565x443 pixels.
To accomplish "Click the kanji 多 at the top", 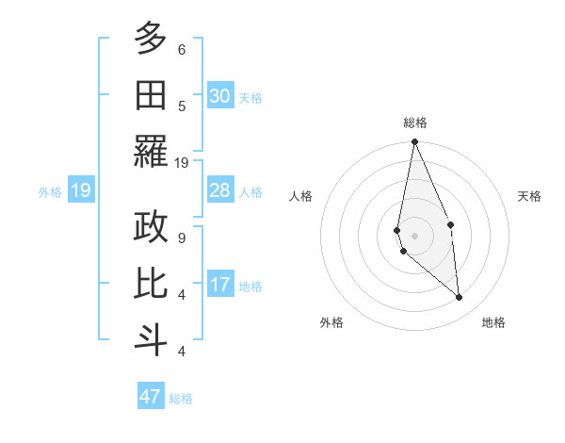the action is click(x=151, y=40).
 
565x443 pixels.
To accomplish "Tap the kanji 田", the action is click(x=151, y=95).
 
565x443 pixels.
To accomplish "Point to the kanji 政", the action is click(x=151, y=227).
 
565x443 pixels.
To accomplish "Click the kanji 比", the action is click(x=151, y=284).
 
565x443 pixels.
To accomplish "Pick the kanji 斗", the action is click(x=151, y=340).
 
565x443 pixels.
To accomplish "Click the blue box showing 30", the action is click(x=220, y=95).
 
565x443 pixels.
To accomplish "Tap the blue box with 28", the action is click(x=220, y=190).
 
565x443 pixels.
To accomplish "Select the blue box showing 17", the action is click(x=220, y=285).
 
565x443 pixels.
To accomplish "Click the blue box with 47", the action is click(x=151, y=397).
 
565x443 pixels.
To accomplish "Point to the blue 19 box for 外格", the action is click(x=80, y=191).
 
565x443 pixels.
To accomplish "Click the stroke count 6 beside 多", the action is click(x=182, y=49).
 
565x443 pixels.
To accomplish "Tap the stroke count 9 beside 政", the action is click(x=182, y=238).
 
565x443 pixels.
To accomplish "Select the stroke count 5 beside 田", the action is click(x=182, y=106).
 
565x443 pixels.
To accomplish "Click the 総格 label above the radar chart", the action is click(x=414, y=123).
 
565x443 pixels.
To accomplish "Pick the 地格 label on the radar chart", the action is click(x=493, y=322).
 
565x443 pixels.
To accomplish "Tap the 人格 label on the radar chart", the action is click(x=300, y=196).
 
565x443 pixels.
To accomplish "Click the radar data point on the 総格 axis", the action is click(x=414, y=142).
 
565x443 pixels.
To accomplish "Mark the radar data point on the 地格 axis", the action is click(x=459, y=297).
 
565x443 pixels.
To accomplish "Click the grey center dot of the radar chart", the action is click(x=414, y=235).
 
